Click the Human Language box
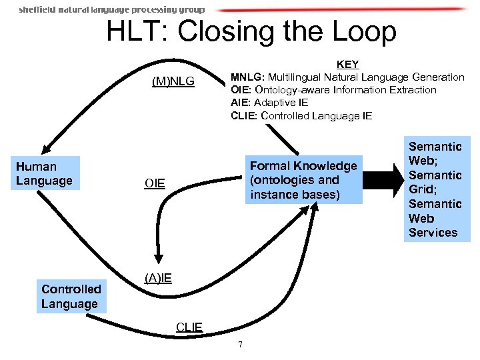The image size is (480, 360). pyautogui.click(x=47, y=173)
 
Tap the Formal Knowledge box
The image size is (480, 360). pyautogui.click(x=303, y=180)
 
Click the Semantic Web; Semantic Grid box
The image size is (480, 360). pyautogui.click(x=436, y=189)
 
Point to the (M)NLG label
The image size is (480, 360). pyautogui.click(x=173, y=82)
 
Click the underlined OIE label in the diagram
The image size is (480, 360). pyautogui.click(x=155, y=183)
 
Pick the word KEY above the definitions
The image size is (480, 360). pyautogui.click(x=347, y=65)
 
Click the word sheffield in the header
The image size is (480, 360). pyautogui.click(x=37, y=10)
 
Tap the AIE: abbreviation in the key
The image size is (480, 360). pyautogui.click(x=241, y=103)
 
